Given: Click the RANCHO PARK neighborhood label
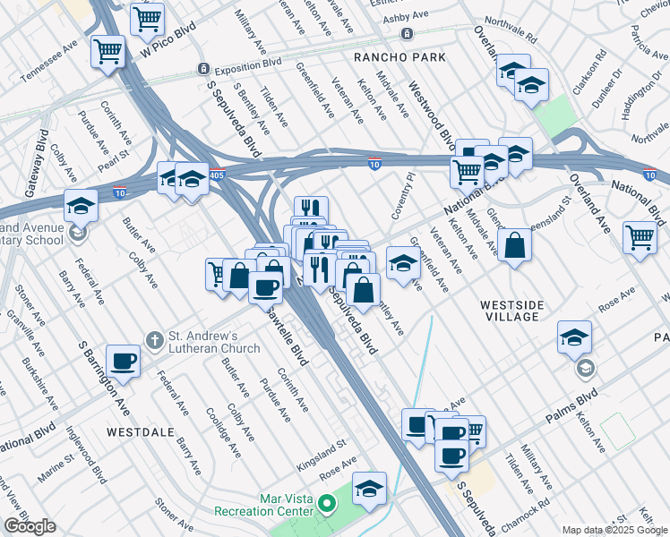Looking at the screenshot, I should (x=387, y=57).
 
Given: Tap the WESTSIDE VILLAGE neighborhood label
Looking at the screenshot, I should (x=511, y=311).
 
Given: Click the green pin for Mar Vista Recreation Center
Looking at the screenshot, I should (x=326, y=505).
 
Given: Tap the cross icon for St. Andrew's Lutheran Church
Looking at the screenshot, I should (x=154, y=340).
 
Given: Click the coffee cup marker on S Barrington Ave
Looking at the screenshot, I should (x=124, y=362).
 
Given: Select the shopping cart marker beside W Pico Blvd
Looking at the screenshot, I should (x=147, y=18).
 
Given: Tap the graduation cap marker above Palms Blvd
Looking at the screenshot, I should (x=574, y=337).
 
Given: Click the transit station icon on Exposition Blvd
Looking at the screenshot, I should (x=204, y=69).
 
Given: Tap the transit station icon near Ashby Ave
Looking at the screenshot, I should (x=407, y=34).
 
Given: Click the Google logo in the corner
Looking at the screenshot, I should (x=30, y=526).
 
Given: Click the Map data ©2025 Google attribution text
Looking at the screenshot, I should (x=614, y=530).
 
